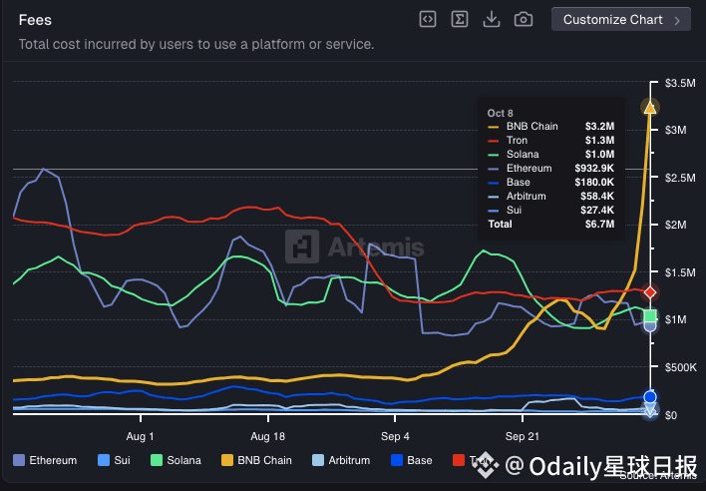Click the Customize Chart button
click(x=620, y=20)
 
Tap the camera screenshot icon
click(x=523, y=19)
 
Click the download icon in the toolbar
click(x=491, y=19)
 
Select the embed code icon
click(x=428, y=19)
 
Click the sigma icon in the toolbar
click(x=459, y=19)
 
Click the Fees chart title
click(x=35, y=20)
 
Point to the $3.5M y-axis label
click(x=681, y=83)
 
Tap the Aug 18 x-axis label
click(x=267, y=436)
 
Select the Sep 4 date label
click(x=395, y=436)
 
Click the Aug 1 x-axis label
click(x=141, y=436)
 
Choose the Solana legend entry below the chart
click(x=176, y=460)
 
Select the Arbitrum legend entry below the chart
click(x=343, y=460)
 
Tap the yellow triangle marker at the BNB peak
click(x=650, y=107)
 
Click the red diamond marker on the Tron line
click(x=650, y=291)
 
